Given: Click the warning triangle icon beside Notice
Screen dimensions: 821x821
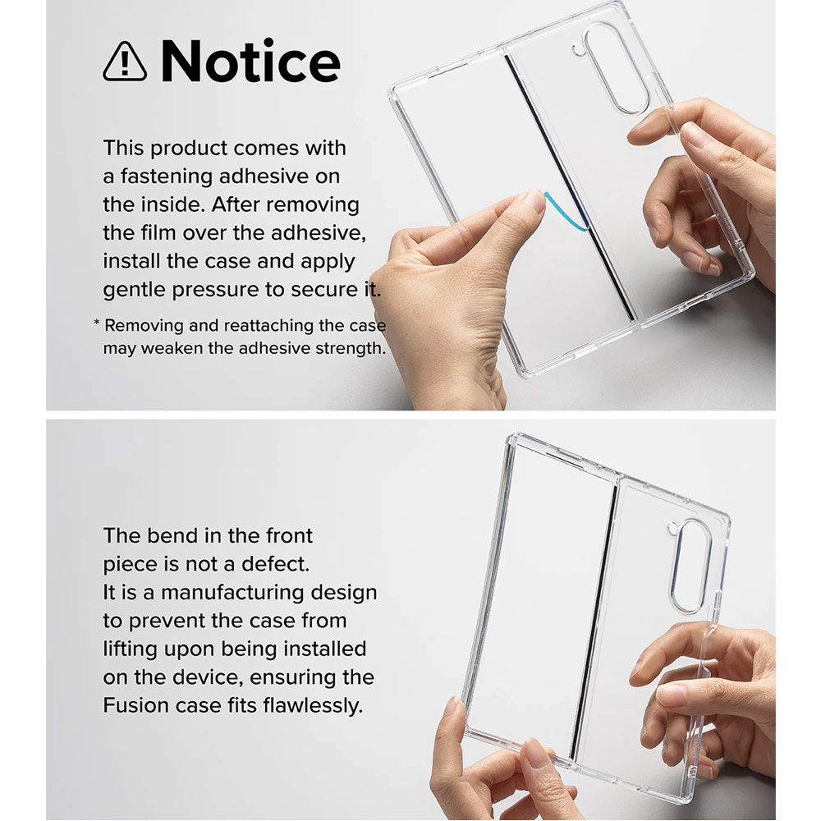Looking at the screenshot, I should [x=125, y=62].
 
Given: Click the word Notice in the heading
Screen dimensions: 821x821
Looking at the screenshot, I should [x=250, y=62].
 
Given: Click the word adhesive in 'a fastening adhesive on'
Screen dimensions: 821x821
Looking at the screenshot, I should [x=270, y=177].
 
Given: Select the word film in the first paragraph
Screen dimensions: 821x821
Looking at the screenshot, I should [x=162, y=233].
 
